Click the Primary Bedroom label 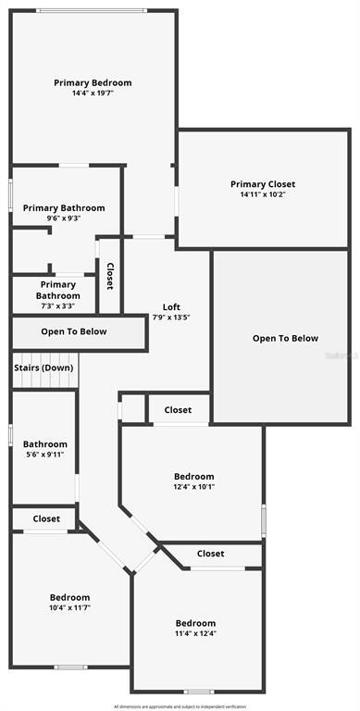[x=93, y=82]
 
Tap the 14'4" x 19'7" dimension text [x=93, y=94]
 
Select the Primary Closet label [x=263, y=184]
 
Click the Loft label [x=171, y=307]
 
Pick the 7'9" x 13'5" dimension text [x=171, y=318]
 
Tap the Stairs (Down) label [x=43, y=368]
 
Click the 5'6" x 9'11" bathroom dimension [x=45, y=455]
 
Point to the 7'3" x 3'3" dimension [x=58, y=306]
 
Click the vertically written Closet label [x=110, y=276]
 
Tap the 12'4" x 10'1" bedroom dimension [x=194, y=487]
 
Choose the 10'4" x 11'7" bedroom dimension [x=70, y=607]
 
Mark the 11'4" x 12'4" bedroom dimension [x=195, y=634]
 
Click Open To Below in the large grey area [x=285, y=339]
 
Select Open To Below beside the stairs [x=74, y=331]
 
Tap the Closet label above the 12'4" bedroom [x=178, y=410]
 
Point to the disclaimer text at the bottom [x=180, y=705]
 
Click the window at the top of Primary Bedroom [x=92, y=10]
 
